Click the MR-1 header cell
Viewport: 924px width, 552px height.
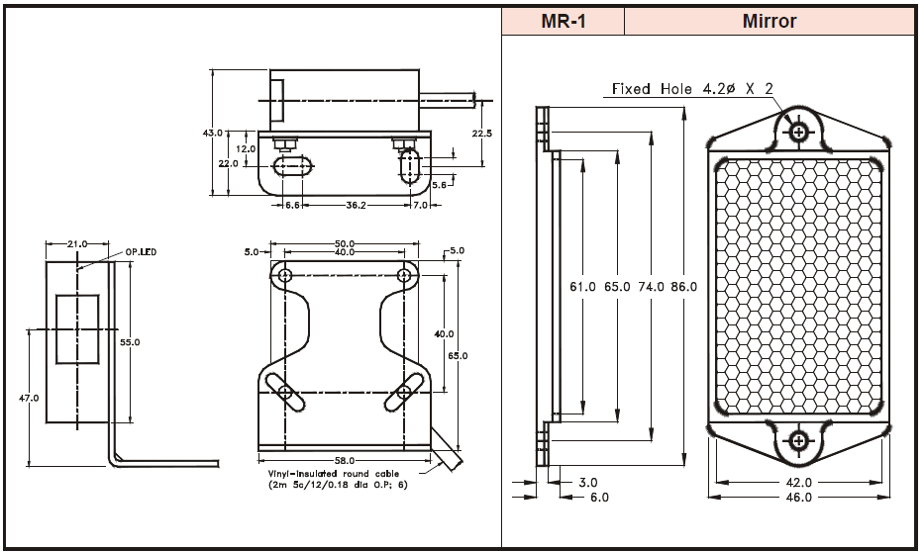click(x=563, y=21)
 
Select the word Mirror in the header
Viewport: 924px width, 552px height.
click(x=769, y=21)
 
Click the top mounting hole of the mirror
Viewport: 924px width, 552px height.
click(x=797, y=131)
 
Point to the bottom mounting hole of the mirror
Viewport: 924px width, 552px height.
click(x=797, y=440)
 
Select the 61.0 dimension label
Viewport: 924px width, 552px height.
click(x=583, y=287)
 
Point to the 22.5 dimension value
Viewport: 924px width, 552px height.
click(x=482, y=133)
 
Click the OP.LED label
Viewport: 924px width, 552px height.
click(x=139, y=252)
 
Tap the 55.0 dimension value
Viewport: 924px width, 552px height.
click(x=130, y=341)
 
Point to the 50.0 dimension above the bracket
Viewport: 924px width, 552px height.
click(x=344, y=242)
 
